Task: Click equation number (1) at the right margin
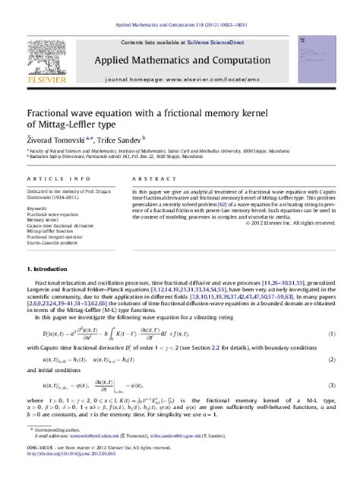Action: pyautogui.click(x=332, y=333)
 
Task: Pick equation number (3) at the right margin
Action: pyautogui.click(x=332, y=385)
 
